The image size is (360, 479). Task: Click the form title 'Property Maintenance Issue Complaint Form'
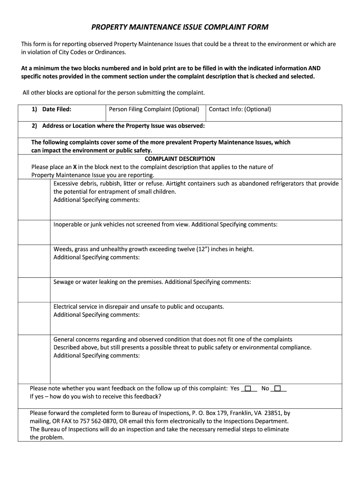180,27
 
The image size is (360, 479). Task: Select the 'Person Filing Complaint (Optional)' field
154,109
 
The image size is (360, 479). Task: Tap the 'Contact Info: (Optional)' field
239,109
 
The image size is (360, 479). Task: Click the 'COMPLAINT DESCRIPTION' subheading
180,159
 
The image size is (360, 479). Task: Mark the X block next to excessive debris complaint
34,199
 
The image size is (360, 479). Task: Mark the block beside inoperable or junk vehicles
34,232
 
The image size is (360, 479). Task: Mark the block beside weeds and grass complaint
34,261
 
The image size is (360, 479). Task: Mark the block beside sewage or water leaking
34,290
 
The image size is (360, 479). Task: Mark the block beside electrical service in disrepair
34,318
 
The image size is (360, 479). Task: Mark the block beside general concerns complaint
34,359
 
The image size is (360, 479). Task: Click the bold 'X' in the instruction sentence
69,167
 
